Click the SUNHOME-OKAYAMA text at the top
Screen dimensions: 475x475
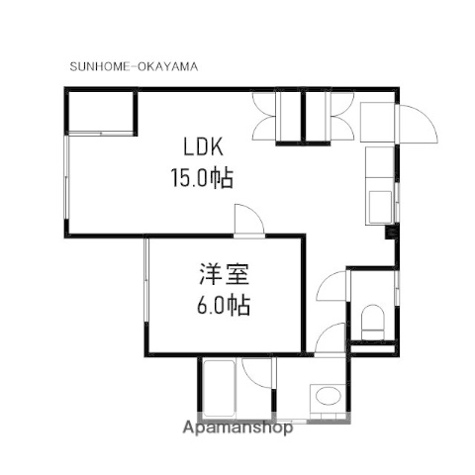(134, 67)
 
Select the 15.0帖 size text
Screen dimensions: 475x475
(202, 179)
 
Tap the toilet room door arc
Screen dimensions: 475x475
(332, 289)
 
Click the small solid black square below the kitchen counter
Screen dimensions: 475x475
(389, 234)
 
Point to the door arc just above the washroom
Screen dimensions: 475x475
(332, 341)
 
